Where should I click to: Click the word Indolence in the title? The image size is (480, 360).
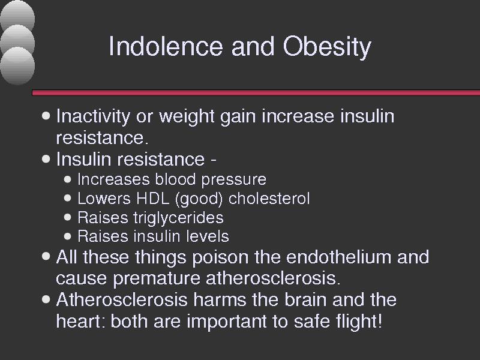(166, 46)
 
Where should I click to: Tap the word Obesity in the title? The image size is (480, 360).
(327, 47)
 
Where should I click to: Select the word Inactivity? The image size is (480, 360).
(93, 117)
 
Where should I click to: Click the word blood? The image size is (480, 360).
(175, 179)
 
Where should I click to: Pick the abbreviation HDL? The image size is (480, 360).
(153, 199)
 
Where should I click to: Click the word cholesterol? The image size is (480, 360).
(269, 199)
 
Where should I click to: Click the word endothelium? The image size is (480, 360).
(338, 257)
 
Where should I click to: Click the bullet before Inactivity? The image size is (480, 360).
(46, 116)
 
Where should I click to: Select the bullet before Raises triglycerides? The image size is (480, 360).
(68, 217)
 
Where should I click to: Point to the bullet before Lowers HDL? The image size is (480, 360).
(68, 198)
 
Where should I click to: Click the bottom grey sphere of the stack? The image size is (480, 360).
(18, 65)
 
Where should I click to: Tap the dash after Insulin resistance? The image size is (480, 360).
(214, 160)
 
